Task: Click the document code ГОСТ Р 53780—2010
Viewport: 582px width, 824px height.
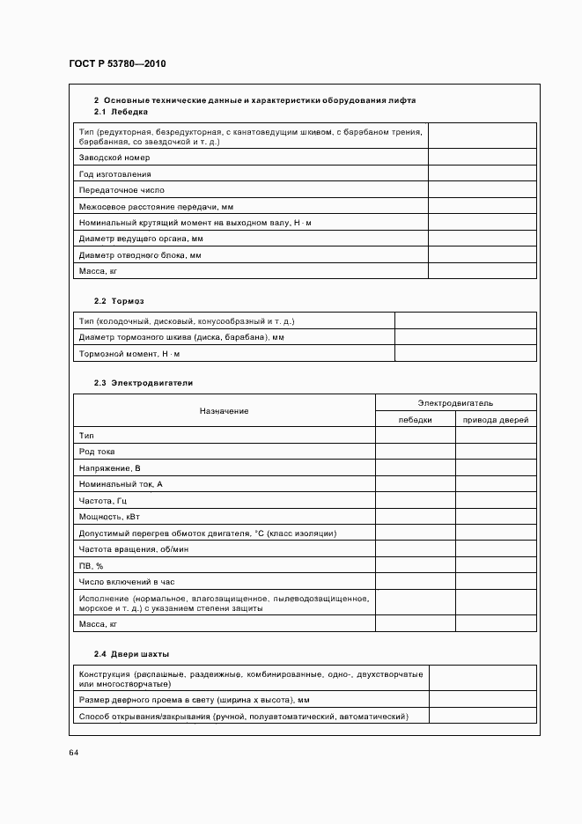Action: pos(117,64)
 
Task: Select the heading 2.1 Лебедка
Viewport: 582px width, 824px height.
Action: pos(121,112)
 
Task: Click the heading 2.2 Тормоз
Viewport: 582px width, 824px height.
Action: pos(119,300)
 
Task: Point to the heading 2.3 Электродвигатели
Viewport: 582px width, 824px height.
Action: pos(143,383)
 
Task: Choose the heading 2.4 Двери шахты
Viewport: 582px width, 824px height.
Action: pos(131,654)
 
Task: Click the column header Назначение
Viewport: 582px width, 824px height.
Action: pos(224,411)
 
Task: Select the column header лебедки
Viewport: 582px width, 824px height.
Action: pos(415,420)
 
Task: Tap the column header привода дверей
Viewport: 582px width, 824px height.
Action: pos(496,420)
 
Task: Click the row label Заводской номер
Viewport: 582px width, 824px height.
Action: pos(114,158)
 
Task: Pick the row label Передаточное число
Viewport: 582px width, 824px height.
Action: pos(122,190)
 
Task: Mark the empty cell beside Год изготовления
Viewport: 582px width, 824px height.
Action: pos(482,174)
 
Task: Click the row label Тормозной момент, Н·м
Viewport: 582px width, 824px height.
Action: pos(129,353)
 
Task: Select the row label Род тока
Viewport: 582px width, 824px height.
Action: pos(97,452)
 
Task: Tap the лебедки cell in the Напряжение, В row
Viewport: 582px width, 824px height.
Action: pos(415,468)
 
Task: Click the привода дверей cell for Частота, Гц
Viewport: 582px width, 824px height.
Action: pos(496,501)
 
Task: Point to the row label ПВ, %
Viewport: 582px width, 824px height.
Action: pos(92,565)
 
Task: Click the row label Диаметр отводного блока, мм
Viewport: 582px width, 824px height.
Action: pos(140,255)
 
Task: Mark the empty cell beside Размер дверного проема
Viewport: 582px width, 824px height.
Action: pos(482,700)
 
